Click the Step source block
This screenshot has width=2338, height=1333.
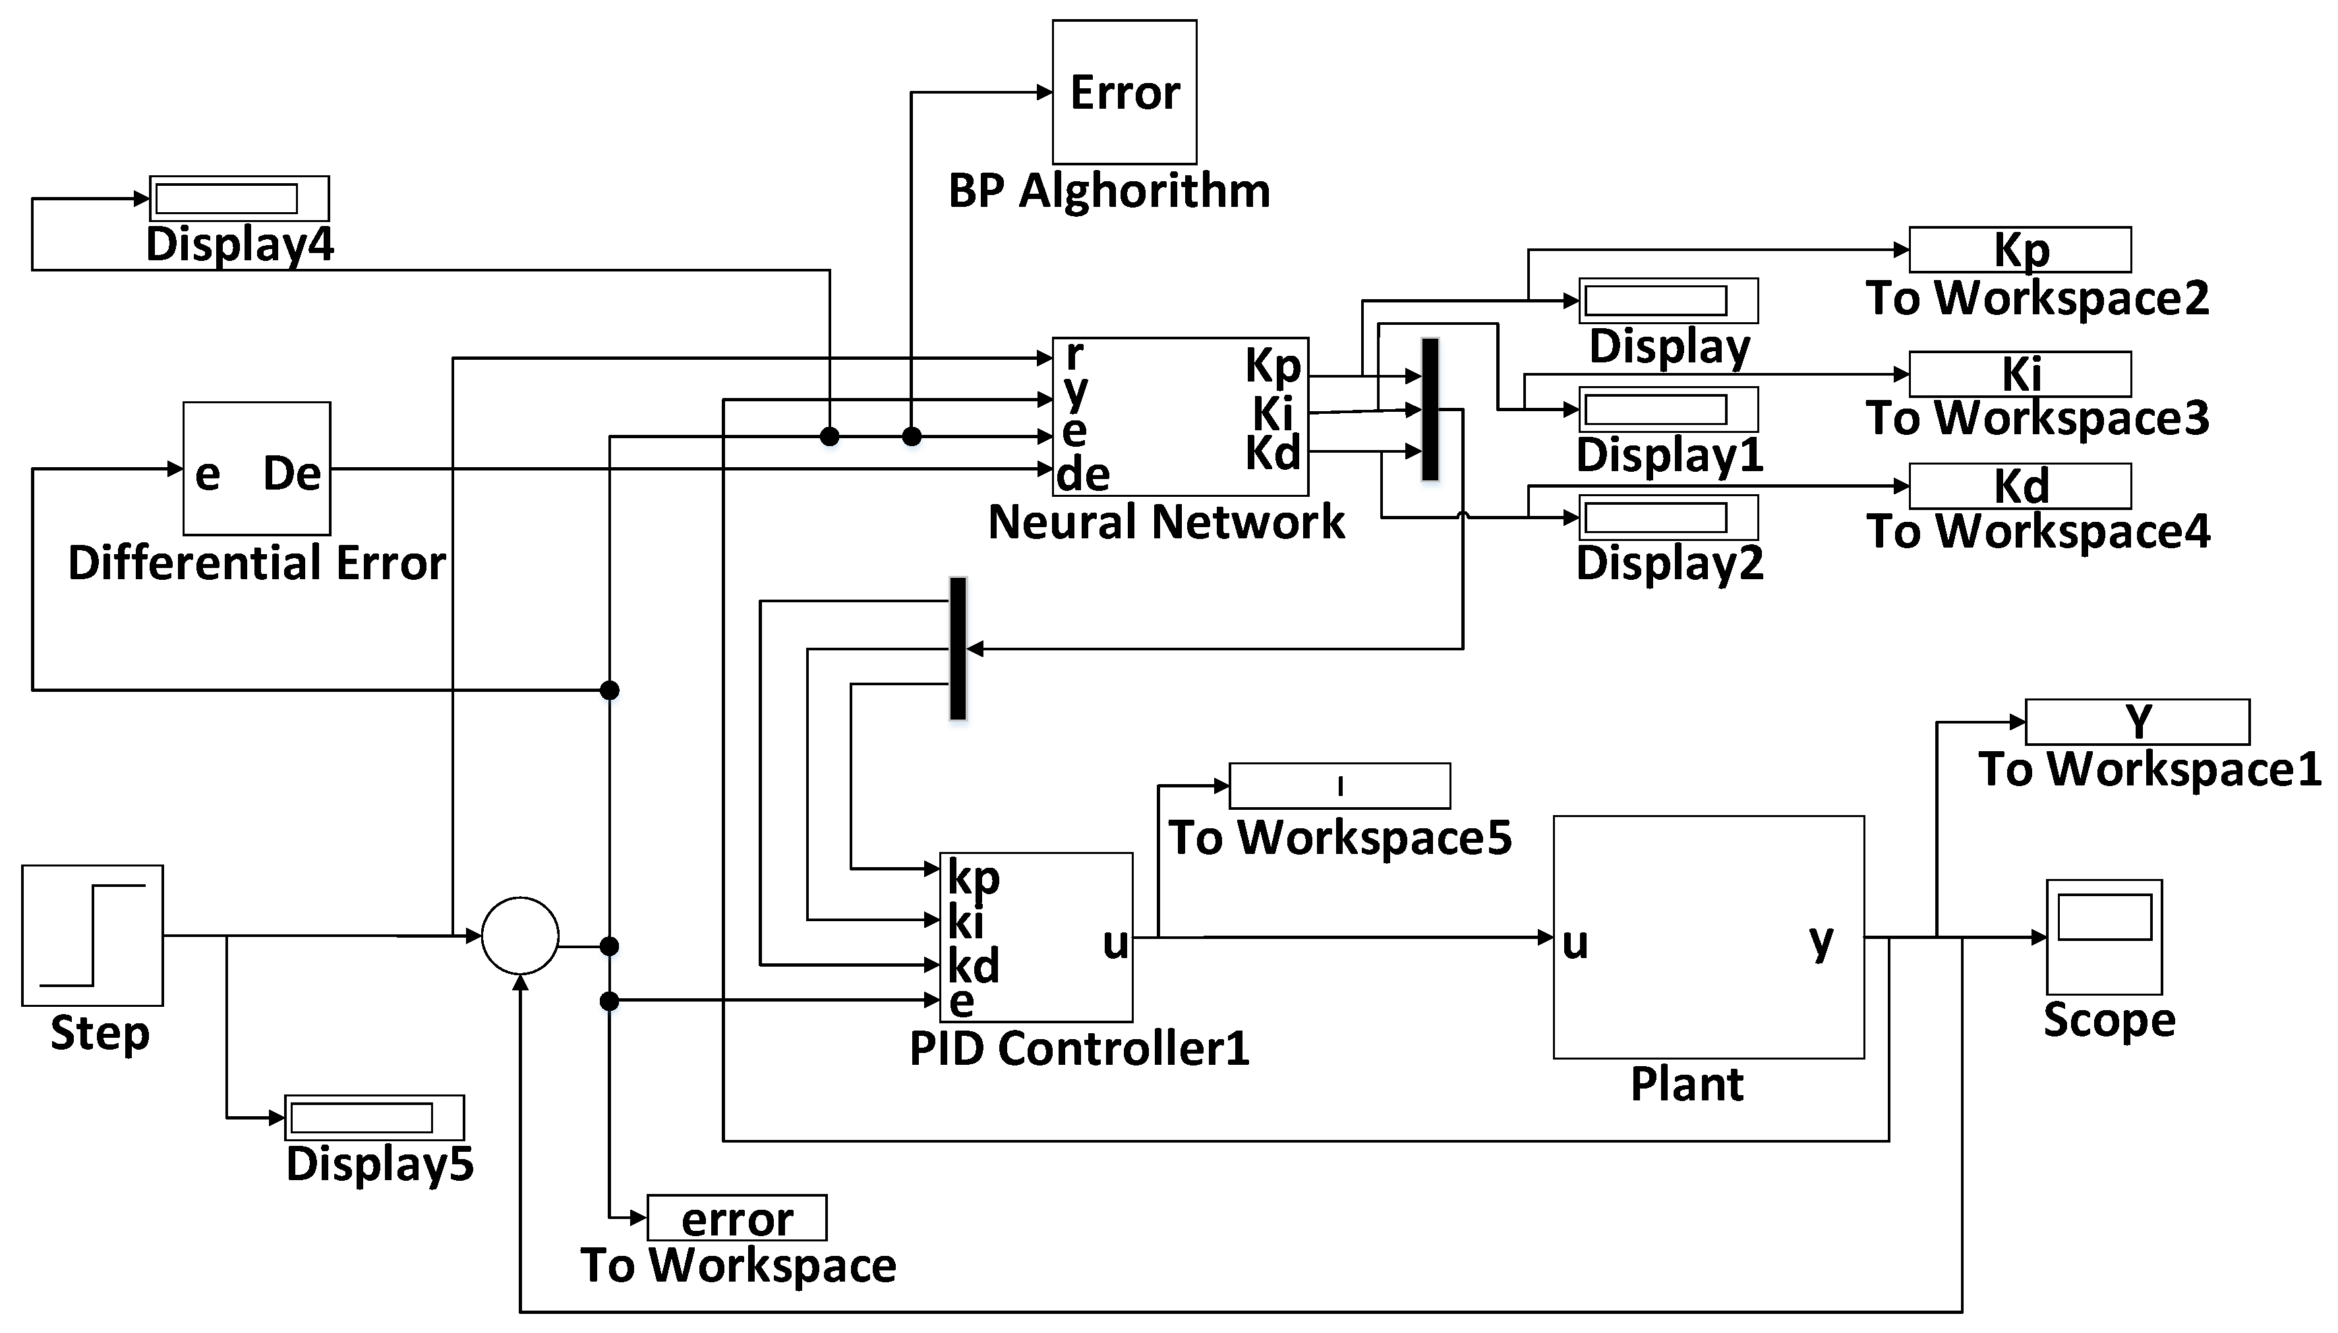[x=92, y=935]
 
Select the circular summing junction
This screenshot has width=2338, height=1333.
[x=519, y=935]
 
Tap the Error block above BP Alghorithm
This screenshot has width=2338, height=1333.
[x=1124, y=92]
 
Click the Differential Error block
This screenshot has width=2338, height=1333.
[x=256, y=468]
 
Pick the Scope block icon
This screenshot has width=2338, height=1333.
[x=2103, y=936]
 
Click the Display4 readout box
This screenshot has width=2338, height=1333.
[x=239, y=198]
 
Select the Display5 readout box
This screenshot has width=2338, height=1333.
[x=374, y=1117]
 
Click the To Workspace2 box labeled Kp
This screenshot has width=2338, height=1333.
[x=2020, y=249]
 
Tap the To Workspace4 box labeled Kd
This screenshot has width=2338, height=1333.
[x=2020, y=485]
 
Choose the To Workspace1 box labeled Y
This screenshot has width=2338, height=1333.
[x=2136, y=722]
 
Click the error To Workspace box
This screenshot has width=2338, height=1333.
[x=736, y=1218]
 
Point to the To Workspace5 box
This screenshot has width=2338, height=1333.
[x=1339, y=785]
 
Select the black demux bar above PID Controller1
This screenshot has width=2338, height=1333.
[x=957, y=648]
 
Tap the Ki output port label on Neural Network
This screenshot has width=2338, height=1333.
[x=1273, y=414]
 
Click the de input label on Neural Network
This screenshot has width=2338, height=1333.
[x=1082, y=474]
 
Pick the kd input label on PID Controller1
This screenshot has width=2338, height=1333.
[x=972, y=965]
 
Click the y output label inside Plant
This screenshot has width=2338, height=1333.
[x=1821, y=940]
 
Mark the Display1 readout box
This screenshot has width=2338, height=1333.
[x=1668, y=409]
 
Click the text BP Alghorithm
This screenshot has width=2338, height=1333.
[x=1108, y=191]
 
